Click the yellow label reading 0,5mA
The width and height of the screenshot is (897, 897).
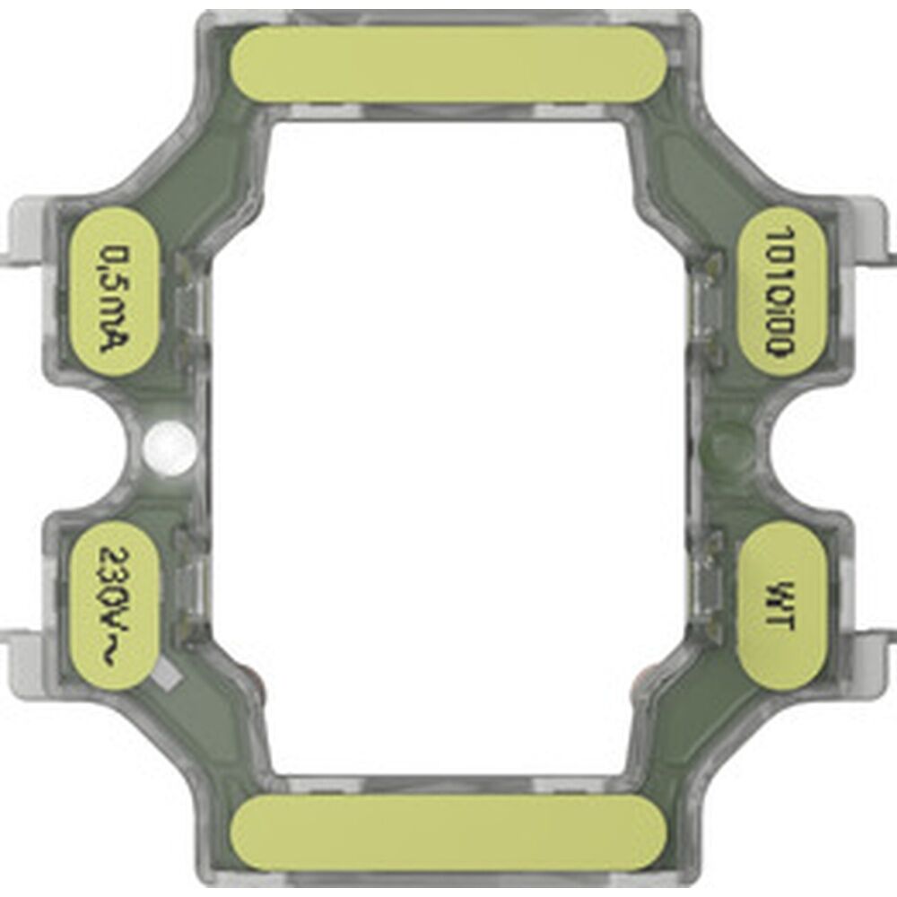pyautogui.click(x=114, y=292)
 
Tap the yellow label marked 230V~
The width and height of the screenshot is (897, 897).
pyautogui.click(x=114, y=606)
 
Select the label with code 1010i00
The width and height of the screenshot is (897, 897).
pyautogui.click(x=779, y=292)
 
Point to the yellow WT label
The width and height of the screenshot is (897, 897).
pyautogui.click(x=779, y=606)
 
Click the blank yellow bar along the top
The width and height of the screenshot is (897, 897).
pyautogui.click(x=448, y=64)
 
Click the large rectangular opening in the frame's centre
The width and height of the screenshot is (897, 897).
pyautogui.click(x=448, y=448)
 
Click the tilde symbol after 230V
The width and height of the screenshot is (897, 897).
pyautogui.click(x=115, y=657)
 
